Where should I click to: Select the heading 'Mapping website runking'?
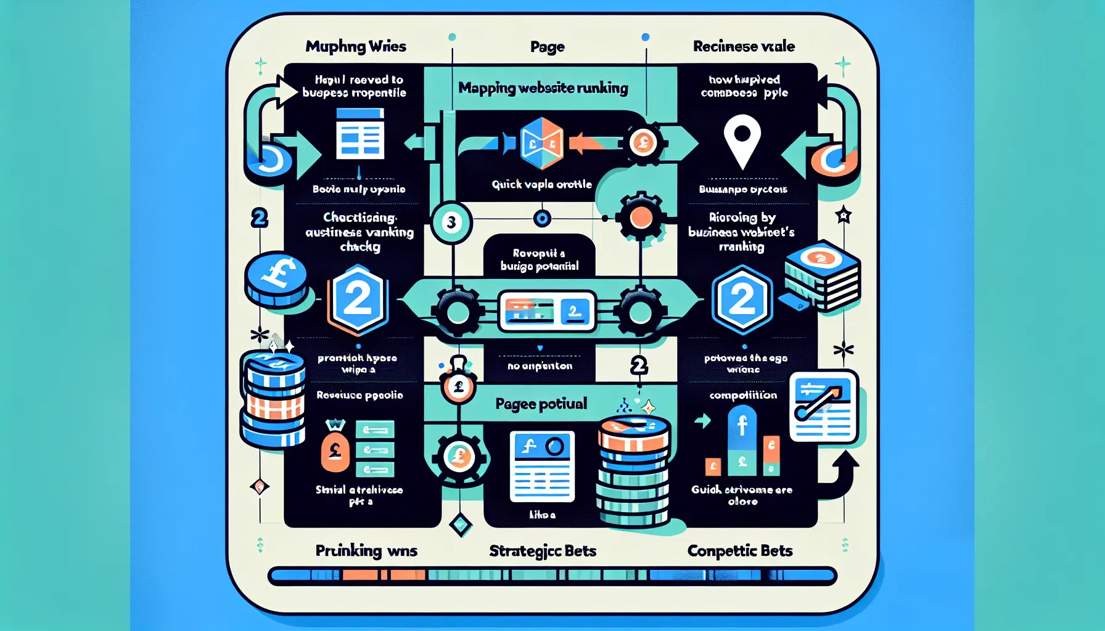tap(543, 88)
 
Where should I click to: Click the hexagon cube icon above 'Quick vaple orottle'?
tap(541, 144)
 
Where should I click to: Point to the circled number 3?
tap(451, 222)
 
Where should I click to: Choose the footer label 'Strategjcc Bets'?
tap(543, 551)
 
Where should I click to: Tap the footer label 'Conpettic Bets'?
tap(739, 551)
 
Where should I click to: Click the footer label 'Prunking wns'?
tap(366, 551)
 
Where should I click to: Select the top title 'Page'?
tap(547, 47)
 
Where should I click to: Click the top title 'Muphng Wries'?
tap(356, 47)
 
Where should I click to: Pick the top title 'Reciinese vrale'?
tap(744, 47)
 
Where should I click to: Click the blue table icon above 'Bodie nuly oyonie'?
tap(360, 134)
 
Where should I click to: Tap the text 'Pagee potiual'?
tap(541, 404)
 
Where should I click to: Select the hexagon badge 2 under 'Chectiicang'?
tap(358, 300)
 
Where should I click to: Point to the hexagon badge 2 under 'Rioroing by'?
tap(742, 300)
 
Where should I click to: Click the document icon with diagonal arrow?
tap(823, 406)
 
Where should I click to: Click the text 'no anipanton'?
tap(540, 366)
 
